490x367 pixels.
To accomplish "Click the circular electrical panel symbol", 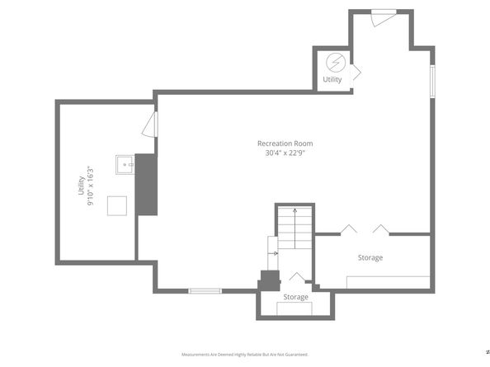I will pos(335,63).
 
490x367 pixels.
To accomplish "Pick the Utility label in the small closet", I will pos(332,80).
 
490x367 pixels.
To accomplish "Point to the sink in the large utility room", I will pos(125,164).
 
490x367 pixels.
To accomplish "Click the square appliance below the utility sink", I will pos(118,205).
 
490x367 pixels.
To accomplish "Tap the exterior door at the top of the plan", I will pos(383,16).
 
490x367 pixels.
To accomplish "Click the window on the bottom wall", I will pos(205,290).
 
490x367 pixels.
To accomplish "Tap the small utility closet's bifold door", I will pos(356,72).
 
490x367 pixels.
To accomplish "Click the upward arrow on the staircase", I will pos(294,230).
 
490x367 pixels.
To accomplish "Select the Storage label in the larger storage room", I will pos(370,258).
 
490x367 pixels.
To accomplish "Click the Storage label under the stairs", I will pos(295,297).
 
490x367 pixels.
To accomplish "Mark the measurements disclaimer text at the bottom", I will pos(244,354).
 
